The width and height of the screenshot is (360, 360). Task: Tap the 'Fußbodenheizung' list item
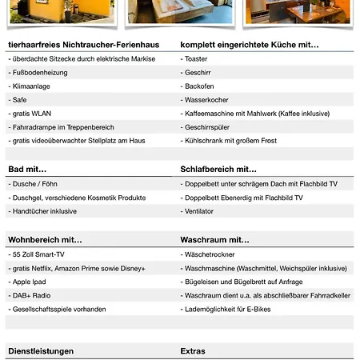40,72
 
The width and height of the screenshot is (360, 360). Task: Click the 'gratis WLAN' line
31,113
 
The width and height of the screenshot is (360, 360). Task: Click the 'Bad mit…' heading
27,170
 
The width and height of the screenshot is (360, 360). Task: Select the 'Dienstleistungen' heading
41,350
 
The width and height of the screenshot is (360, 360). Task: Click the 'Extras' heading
193,350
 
